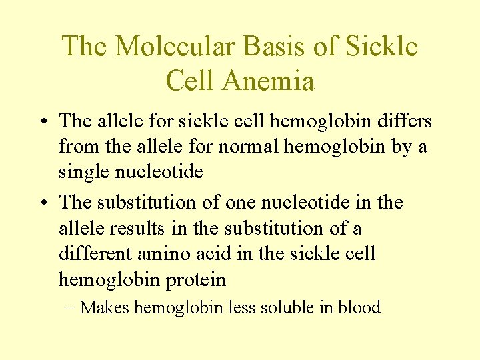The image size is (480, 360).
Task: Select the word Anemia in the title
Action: [269, 81]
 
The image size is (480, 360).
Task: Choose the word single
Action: [85, 173]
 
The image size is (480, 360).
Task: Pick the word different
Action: [97, 254]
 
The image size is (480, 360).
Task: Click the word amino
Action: [170, 254]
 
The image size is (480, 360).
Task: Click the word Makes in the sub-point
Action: [106, 308]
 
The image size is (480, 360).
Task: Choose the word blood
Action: [359, 308]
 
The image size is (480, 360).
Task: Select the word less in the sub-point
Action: [241, 308]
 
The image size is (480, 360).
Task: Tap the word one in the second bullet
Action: [243, 202]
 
